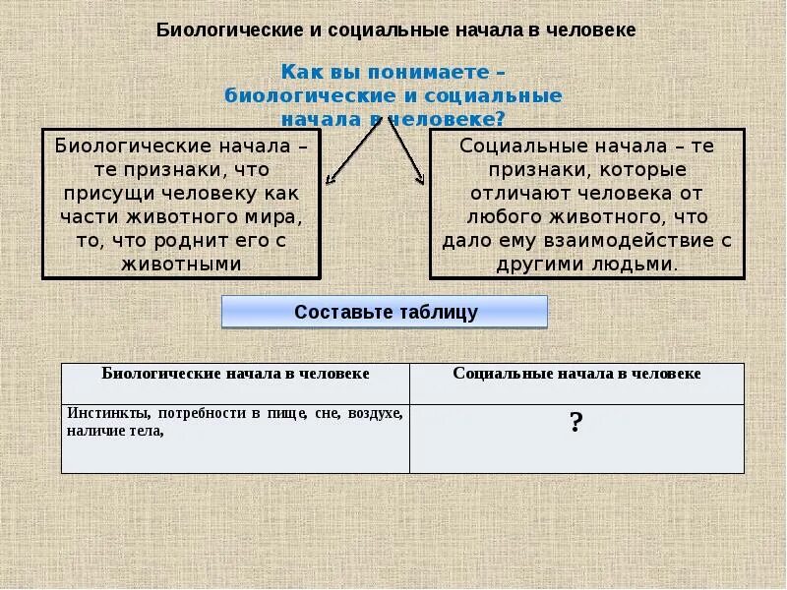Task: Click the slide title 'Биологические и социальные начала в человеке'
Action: [395, 29]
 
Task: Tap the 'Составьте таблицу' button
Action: [385, 313]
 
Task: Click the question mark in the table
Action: [576, 424]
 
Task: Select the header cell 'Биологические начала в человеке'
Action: [236, 375]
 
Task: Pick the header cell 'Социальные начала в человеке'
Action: [577, 375]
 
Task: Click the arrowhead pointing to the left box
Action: [332, 180]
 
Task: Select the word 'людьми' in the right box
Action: [644, 264]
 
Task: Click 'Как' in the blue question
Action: [299, 72]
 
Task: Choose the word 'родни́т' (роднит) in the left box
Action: [221, 240]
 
